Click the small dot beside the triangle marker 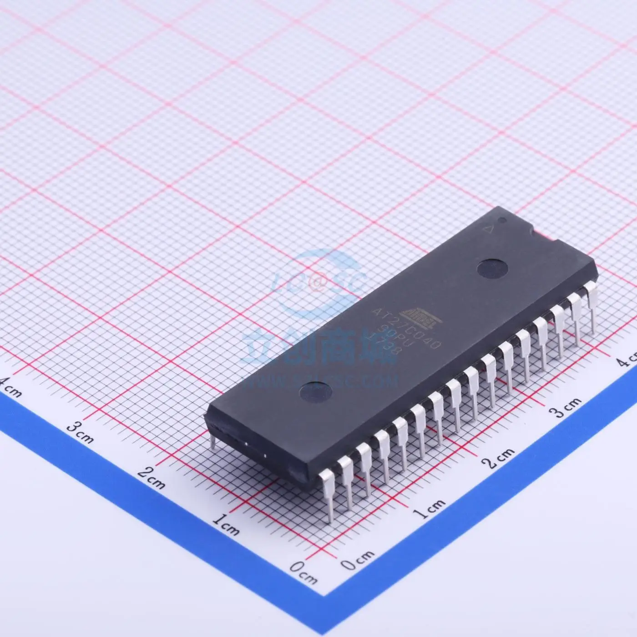click(x=503, y=222)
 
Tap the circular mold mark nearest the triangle click(x=489, y=267)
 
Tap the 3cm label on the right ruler click(x=564, y=408)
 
